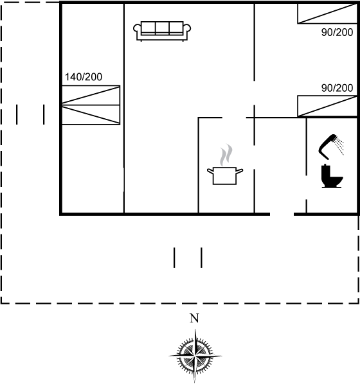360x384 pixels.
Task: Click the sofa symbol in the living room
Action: (162, 31)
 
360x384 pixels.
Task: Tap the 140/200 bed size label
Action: (84, 77)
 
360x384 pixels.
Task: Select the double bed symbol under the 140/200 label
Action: (91, 105)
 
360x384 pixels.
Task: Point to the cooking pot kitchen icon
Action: (225, 175)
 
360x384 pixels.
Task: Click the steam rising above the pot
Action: (226, 155)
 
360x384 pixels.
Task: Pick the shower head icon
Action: (328, 146)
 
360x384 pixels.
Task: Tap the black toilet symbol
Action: (332, 176)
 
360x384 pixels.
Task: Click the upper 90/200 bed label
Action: (337, 32)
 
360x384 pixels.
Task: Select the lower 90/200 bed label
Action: (337, 88)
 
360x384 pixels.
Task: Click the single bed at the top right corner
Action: (327, 13)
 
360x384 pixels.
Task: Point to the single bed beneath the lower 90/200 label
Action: (327, 106)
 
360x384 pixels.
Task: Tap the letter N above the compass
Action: (194, 318)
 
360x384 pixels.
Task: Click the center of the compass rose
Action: (195, 356)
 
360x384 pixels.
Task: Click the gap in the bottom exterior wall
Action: (282, 214)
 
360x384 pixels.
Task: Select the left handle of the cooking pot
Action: (210, 171)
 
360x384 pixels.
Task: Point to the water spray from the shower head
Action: (340, 146)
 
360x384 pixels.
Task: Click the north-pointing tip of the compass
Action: (195, 329)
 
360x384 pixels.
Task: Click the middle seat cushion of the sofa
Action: (162, 27)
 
